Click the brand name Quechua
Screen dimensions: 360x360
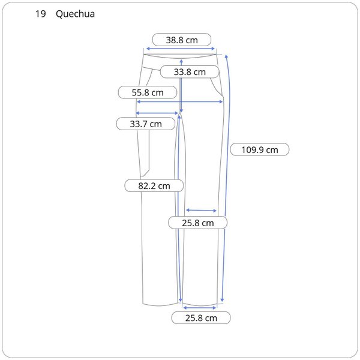[x=75, y=14]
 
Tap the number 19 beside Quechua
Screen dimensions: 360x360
[x=40, y=14]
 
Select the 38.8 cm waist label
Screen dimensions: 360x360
[x=182, y=40]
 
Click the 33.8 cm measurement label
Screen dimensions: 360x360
[x=190, y=72]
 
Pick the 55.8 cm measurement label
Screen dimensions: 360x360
[x=148, y=92]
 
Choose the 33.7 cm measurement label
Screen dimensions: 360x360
[x=146, y=124]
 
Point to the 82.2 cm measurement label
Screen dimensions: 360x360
[x=154, y=186]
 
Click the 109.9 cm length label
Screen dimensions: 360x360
[x=260, y=149]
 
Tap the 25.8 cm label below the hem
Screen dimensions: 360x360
[x=201, y=318]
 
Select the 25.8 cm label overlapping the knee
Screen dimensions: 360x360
[x=198, y=223]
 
